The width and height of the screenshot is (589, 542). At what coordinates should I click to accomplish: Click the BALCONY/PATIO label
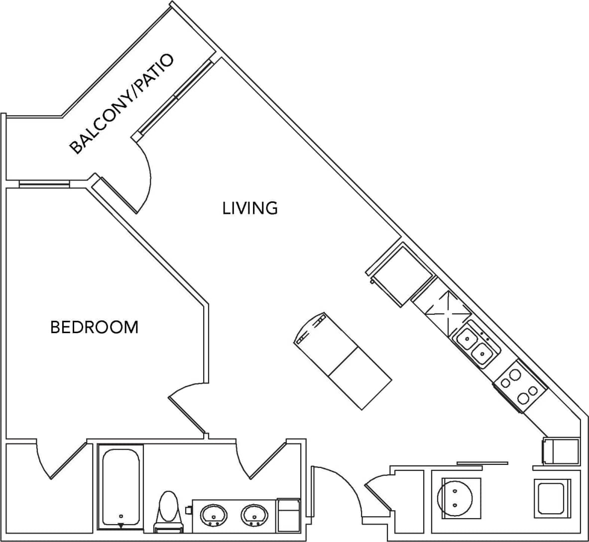121,104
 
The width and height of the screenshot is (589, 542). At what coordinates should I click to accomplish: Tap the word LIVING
250,208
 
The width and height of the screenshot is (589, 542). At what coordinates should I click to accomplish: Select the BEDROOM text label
95,327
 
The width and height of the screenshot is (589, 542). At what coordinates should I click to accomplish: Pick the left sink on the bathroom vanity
214,515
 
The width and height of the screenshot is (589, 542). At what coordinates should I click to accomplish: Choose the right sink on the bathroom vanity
255,515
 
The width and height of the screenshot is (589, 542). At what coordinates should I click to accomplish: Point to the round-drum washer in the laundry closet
455,498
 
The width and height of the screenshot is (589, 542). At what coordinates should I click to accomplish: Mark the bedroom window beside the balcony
44,183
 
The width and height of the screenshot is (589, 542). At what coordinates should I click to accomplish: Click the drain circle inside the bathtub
121,516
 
